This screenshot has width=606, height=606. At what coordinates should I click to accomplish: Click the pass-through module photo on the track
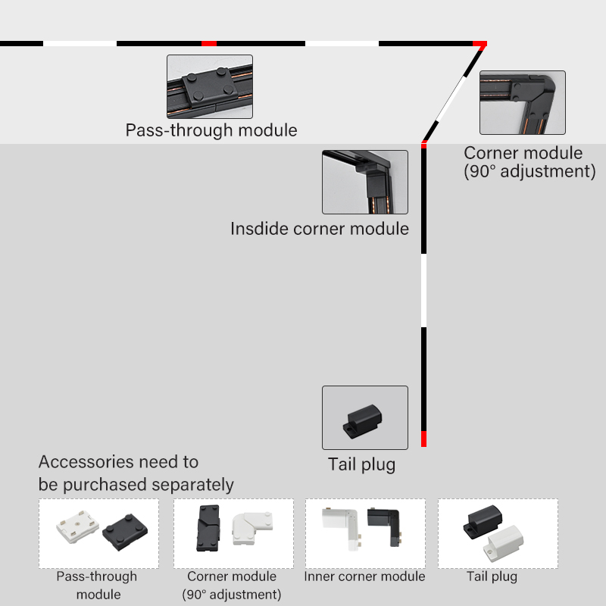pos(210,86)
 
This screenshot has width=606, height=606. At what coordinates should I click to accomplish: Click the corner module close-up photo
pos(523,102)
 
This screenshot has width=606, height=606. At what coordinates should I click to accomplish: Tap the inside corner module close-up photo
pos(365,182)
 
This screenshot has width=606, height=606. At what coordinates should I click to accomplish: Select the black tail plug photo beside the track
pos(365,418)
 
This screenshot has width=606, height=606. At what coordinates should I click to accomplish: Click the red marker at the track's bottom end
pos(424,439)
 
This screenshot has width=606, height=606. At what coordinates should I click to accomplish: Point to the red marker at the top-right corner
pos(479,44)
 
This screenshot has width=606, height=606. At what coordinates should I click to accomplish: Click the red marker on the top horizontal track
pos(209,43)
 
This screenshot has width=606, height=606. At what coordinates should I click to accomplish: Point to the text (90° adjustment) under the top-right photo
pos(529,171)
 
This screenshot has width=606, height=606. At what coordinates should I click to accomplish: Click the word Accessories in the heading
pos(86,461)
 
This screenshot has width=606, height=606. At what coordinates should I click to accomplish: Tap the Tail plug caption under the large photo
pos(361,464)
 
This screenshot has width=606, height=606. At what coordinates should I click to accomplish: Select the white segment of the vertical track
pos(424,291)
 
